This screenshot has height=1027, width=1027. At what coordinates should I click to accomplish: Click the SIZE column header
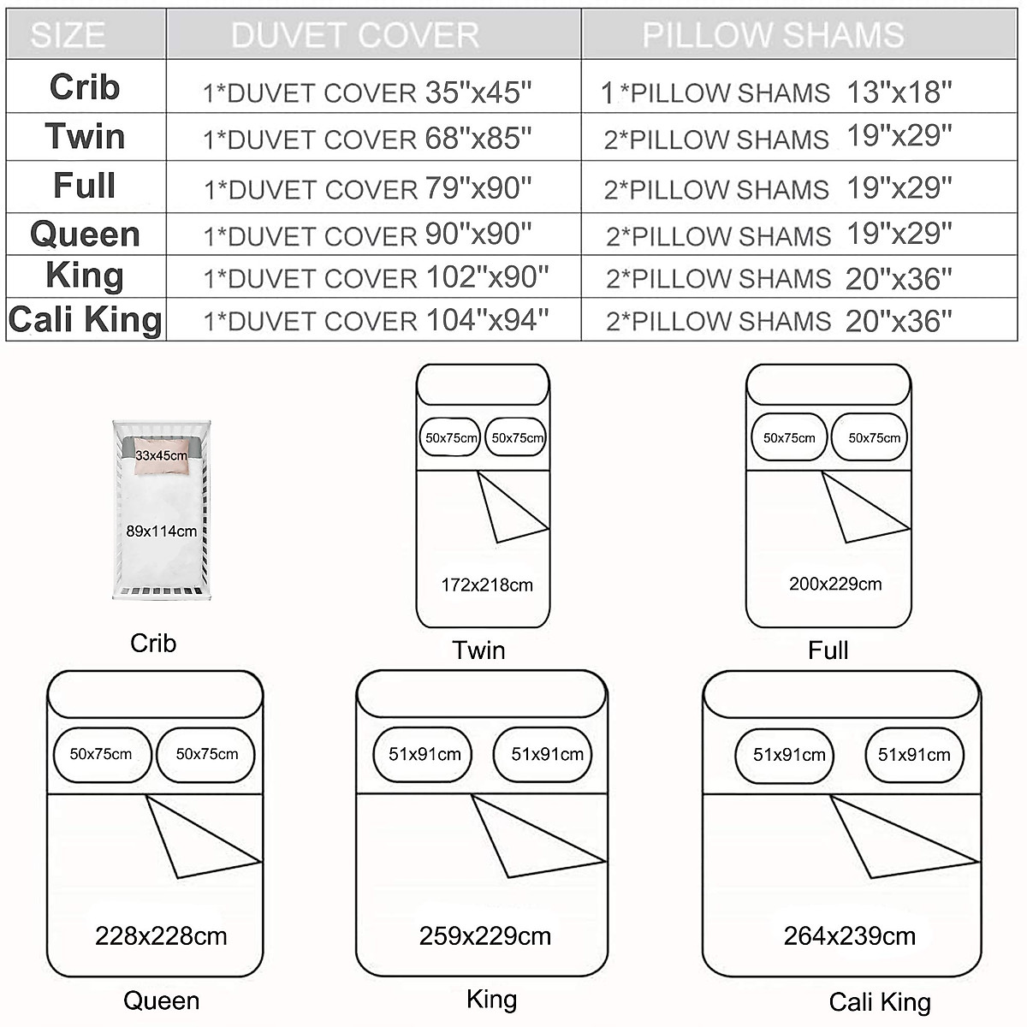[x=68, y=35]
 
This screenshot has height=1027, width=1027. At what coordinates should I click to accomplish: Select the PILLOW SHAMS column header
[x=773, y=35]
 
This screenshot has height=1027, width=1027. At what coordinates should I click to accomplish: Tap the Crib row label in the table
[x=85, y=87]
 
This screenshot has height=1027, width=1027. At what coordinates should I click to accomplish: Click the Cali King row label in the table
[x=86, y=320]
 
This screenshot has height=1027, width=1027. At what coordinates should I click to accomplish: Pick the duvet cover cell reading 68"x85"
[x=368, y=138]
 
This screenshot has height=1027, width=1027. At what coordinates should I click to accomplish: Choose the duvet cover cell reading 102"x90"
[x=376, y=277]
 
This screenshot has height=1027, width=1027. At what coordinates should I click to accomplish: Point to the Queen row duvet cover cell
[x=368, y=234]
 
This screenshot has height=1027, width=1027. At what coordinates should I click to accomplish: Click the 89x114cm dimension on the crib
[x=162, y=531]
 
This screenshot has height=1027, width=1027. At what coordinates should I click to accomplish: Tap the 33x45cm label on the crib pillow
[x=161, y=455]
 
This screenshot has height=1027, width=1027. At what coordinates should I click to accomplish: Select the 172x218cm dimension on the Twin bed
[x=487, y=585]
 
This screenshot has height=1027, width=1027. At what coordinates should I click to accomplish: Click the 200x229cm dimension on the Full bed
[x=835, y=585]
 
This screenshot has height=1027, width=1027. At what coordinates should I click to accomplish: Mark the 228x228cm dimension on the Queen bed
[x=161, y=936]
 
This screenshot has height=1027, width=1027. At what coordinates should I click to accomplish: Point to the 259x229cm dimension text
[x=485, y=936]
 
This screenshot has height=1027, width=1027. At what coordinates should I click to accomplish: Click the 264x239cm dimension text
[x=850, y=936]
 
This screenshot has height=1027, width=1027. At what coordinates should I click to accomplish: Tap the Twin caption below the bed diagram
[x=479, y=650]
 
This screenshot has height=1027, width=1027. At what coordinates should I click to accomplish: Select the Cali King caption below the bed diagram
[x=880, y=1002]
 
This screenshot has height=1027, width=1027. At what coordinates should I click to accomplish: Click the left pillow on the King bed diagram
[x=424, y=755]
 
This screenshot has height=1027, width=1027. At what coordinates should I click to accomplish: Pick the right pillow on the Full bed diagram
[x=874, y=438]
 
